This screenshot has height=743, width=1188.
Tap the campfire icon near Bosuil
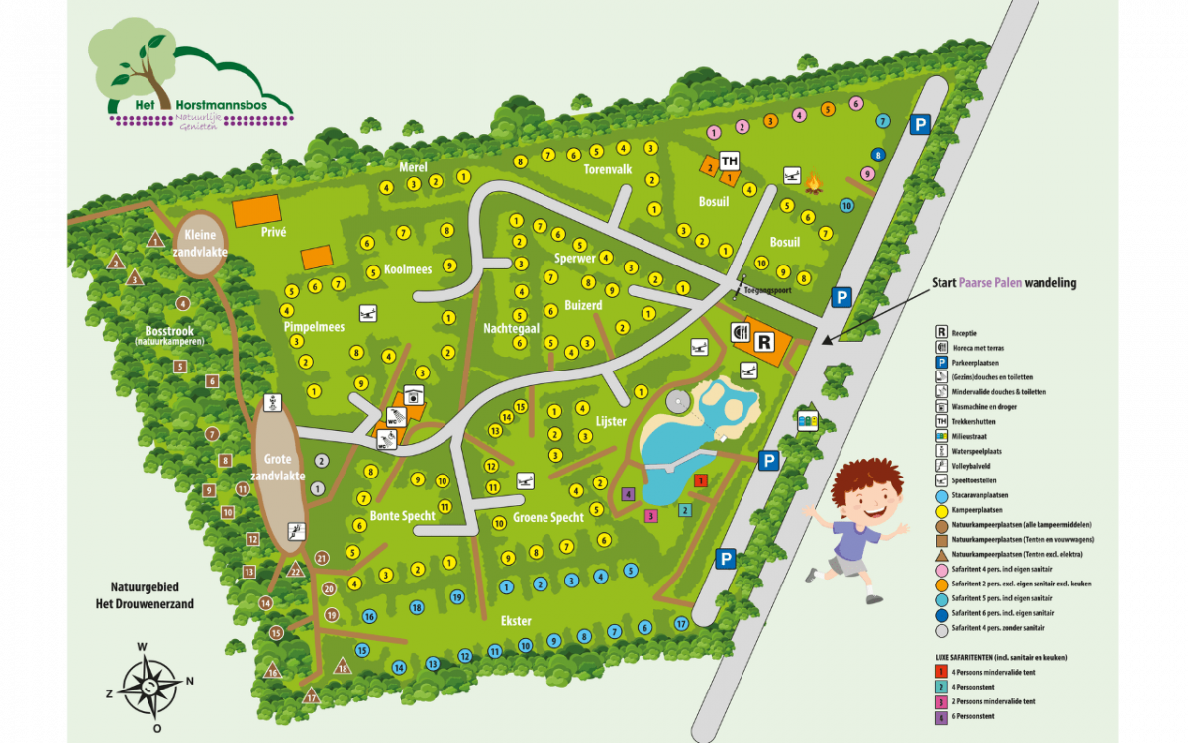coord(814,183)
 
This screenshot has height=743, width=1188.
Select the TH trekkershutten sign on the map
coord(730,161)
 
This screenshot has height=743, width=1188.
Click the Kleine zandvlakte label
coord(201,244)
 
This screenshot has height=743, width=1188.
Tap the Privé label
coord(272,232)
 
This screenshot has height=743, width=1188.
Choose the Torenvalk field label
coord(607,169)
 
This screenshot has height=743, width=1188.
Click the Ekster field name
coord(516,621)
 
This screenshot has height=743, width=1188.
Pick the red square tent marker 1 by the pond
coord(700,480)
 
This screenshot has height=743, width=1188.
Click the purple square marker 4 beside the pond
coord(627,493)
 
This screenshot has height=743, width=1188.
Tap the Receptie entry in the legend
coord(968,332)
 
